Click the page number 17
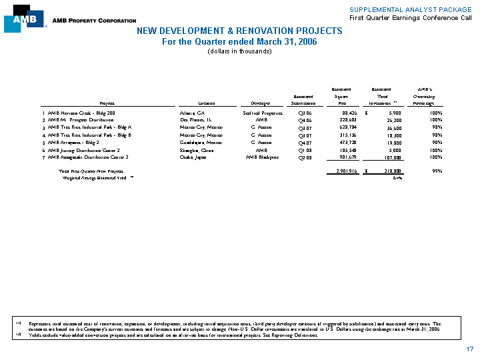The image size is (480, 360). point(470,349)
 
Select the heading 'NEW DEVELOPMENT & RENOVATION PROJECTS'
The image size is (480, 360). point(239,31)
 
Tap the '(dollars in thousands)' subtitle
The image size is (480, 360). point(239,51)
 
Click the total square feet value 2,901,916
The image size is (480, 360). point(341,171)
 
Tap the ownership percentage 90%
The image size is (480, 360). point(437,142)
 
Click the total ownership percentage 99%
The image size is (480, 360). point(437,171)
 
